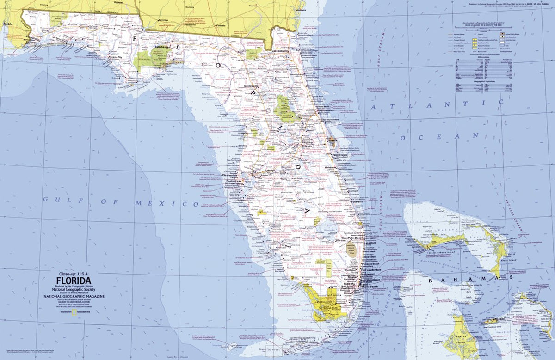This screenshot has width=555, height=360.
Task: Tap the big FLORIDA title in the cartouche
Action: pos(74,280)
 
